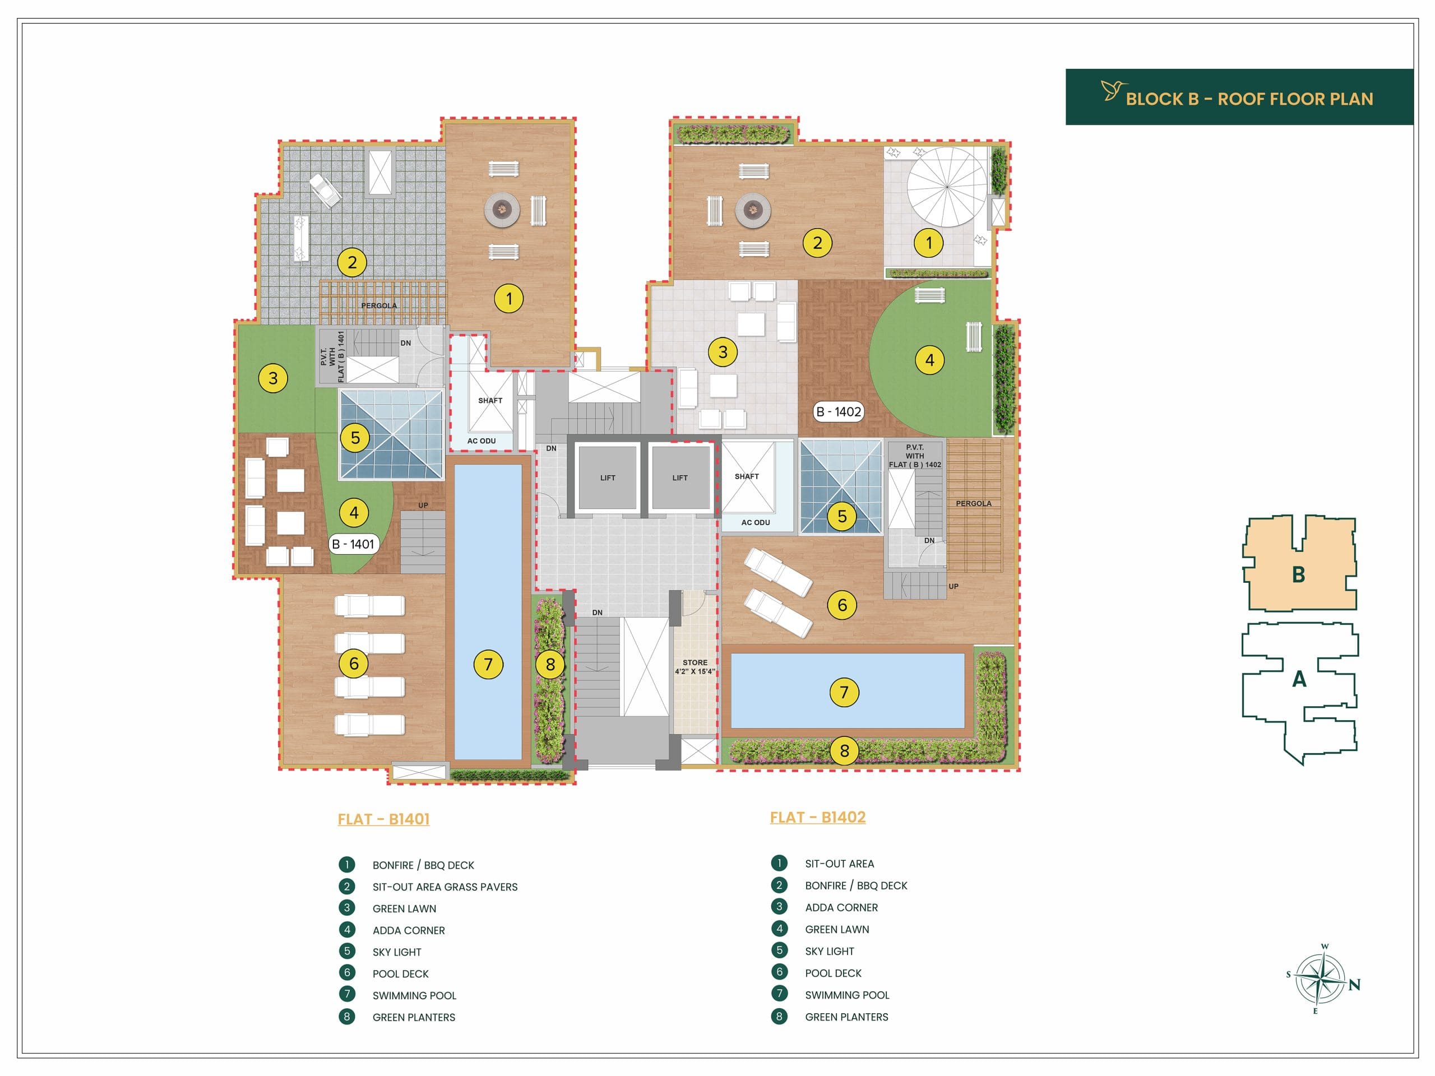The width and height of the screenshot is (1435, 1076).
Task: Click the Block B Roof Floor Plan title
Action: (x=1249, y=99)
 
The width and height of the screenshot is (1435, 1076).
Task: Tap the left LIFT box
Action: (x=607, y=477)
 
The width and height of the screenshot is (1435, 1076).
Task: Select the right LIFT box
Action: (x=680, y=477)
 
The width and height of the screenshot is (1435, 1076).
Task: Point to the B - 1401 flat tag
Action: (x=353, y=544)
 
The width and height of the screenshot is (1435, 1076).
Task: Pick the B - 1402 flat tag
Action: (x=839, y=412)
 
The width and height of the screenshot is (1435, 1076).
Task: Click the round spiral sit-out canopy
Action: (x=947, y=187)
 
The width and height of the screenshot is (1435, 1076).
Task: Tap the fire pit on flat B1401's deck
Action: (x=502, y=209)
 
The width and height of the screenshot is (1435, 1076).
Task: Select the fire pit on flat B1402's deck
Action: (x=752, y=209)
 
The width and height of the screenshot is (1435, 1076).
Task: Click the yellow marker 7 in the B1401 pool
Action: (x=488, y=664)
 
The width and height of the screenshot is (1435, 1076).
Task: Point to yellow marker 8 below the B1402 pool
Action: (x=844, y=750)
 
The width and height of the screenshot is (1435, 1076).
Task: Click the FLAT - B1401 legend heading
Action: (x=383, y=819)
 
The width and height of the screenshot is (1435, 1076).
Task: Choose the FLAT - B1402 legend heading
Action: (x=817, y=817)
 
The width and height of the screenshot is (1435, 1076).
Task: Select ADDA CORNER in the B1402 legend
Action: (x=841, y=907)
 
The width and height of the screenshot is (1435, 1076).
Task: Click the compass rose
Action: (x=1321, y=977)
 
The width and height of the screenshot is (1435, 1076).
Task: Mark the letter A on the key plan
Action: (x=1299, y=679)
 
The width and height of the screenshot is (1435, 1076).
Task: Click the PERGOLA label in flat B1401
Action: (x=379, y=305)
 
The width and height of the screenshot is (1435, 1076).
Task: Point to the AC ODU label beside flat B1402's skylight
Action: (x=756, y=522)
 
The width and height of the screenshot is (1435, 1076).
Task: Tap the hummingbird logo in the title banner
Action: (x=1113, y=90)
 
